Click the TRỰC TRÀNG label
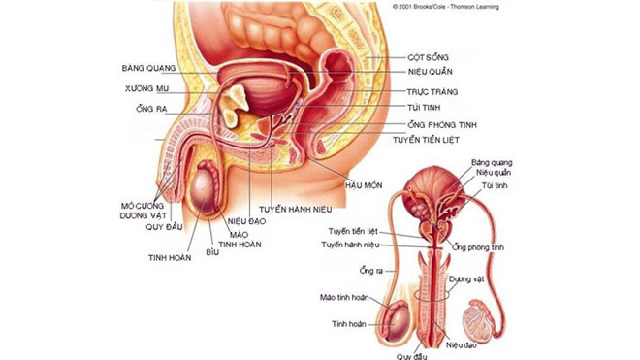point(432,90)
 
